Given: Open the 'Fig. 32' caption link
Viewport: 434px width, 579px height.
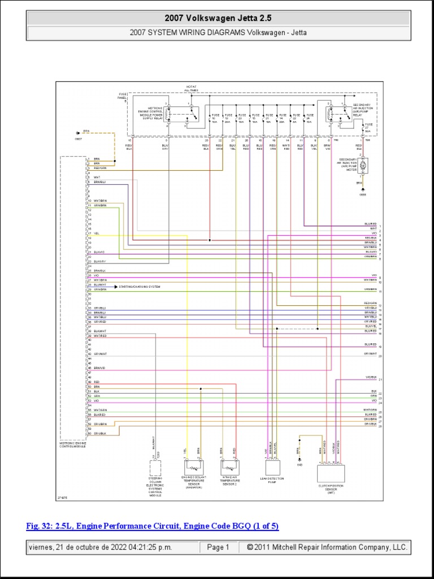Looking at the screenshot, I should tap(153, 526).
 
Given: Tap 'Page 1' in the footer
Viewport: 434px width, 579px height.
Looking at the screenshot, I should tap(218, 547).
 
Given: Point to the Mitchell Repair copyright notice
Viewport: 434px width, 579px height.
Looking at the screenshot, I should tap(323, 547).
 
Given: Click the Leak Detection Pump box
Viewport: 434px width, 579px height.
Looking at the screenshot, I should tap(273, 467).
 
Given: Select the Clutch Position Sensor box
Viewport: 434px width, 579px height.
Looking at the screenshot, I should tap(331, 472).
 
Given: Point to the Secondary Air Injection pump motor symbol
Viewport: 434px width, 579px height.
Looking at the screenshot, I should tap(363, 165).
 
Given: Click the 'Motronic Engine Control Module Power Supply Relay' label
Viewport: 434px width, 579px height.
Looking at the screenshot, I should tap(162, 114).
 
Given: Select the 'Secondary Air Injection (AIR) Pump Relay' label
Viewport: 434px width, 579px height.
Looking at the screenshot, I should tap(361, 110).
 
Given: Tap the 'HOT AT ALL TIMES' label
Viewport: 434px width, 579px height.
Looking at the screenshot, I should tap(192, 88).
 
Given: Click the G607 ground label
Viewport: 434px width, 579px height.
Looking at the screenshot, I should tap(78, 138).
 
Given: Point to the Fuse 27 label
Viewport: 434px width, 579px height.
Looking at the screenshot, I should tap(368, 127).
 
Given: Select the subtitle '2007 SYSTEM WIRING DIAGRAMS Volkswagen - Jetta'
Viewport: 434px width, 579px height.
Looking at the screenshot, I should tap(218, 32).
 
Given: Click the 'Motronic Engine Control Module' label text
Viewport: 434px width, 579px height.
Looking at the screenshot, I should tap(73, 445).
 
